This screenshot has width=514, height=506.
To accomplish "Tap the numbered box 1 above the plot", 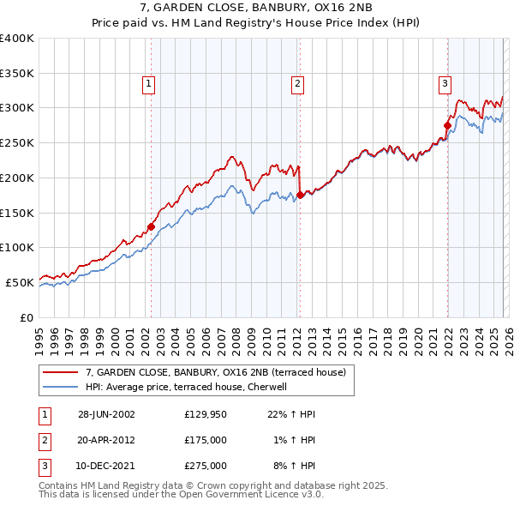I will click(149, 83).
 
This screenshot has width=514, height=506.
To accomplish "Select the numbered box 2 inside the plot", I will click(297, 83).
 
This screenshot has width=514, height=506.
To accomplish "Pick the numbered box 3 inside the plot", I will click(445, 83).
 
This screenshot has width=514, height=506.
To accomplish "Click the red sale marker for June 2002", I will click(152, 226).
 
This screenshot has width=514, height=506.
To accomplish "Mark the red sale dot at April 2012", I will click(301, 195).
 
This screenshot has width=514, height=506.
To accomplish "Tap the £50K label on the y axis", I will click(21, 282).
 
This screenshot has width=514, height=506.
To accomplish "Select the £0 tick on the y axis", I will click(27, 317).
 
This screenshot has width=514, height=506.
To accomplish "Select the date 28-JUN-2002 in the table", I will click(106, 414).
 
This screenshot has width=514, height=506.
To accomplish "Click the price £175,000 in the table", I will click(206, 440).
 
